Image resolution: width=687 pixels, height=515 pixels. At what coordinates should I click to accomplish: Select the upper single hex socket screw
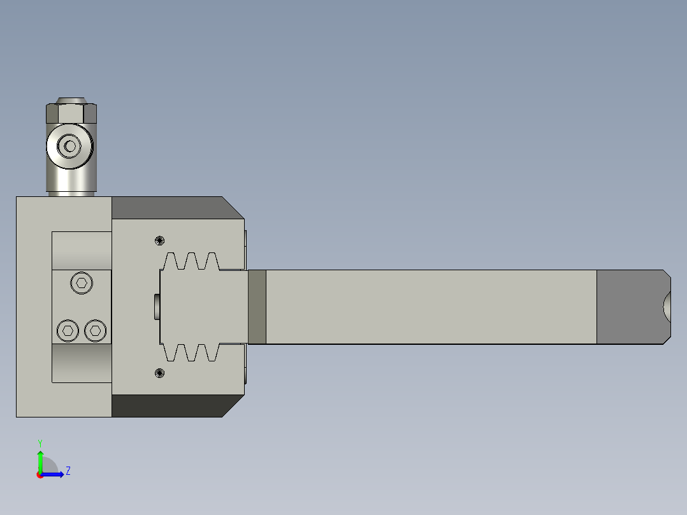(81, 282)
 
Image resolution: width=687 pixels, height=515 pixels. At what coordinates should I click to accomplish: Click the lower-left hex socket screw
(68, 330)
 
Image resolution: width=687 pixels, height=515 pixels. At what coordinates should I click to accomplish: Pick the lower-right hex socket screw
(95, 330)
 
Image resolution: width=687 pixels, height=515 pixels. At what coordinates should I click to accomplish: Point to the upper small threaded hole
(159, 240)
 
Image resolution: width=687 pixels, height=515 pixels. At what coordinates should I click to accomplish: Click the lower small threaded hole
(159, 373)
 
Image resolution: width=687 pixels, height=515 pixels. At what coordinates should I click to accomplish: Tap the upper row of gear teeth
(192, 261)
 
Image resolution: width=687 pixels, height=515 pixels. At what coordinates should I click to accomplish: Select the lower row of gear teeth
(192, 353)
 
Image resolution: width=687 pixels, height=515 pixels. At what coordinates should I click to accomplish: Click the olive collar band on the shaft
(257, 307)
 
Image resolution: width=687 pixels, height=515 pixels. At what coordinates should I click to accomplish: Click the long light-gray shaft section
(431, 307)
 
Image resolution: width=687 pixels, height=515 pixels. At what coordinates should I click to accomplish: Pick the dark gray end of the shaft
(628, 307)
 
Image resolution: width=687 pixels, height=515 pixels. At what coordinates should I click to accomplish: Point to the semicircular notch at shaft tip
(667, 307)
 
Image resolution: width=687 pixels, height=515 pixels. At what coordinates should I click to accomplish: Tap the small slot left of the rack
(157, 307)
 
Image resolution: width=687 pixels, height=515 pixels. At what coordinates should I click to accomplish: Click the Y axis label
(40, 442)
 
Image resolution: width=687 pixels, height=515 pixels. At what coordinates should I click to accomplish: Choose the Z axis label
(68, 471)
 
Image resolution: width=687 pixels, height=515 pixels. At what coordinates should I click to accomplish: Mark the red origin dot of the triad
(40, 475)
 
